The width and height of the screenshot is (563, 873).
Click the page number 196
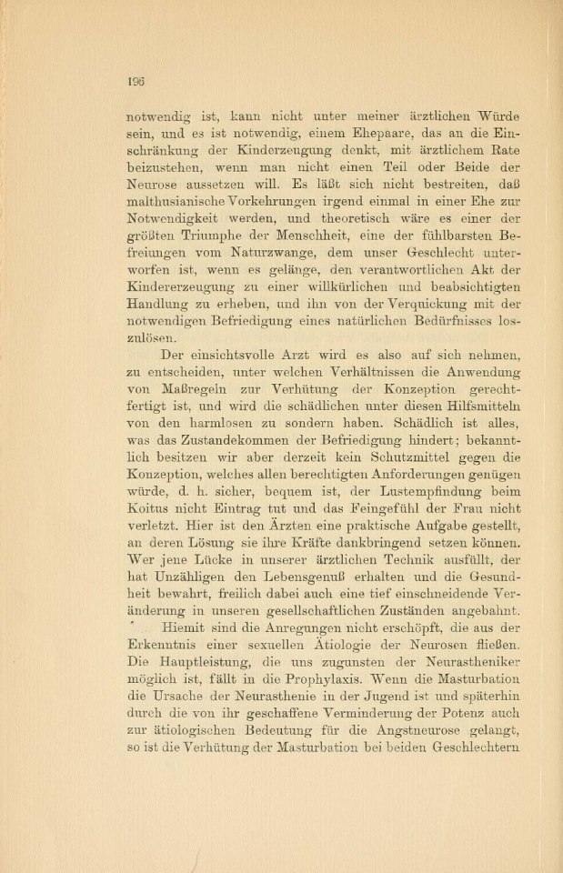[x=136, y=80]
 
